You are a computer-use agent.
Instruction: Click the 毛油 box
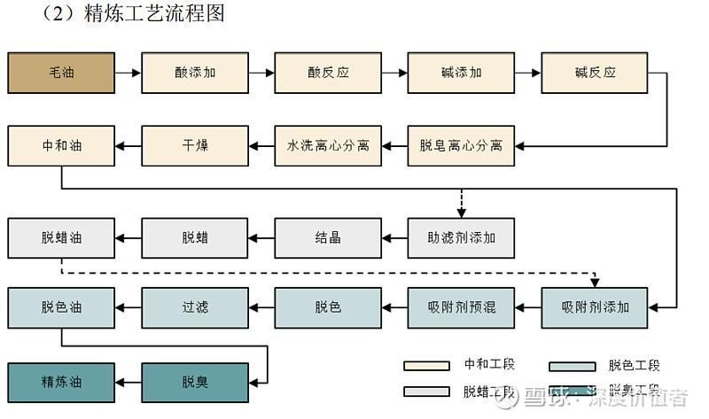pos(61,73)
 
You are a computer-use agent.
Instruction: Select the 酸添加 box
pos(195,73)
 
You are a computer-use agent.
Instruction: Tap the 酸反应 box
pos(328,73)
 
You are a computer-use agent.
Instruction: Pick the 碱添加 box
pos(461,73)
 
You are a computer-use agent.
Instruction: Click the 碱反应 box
pos(595,73)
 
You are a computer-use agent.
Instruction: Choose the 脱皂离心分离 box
pos(461,145)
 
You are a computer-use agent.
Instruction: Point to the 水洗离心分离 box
pos(328,145)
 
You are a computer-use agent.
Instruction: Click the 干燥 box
pos(195,145)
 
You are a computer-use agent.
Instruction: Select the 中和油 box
pos(61,145)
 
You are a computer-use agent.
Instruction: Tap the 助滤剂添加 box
pos(461,237)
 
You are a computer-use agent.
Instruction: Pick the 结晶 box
pos(328,237)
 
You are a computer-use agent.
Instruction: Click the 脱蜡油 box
pos(61,237)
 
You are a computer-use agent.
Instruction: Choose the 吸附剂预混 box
pos(461,307)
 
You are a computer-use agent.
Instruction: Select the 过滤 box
pos(195,307)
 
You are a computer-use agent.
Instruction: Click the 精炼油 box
pos(61,383)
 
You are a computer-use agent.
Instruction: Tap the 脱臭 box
pos(195,383)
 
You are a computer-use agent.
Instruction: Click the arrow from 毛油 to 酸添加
pos(129,73)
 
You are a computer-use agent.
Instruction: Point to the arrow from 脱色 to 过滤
pos(261,307)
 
